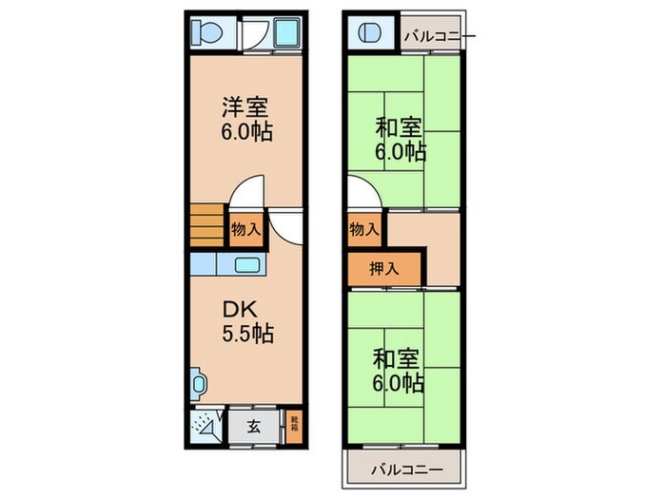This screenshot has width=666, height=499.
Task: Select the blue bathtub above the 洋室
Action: point(284,35)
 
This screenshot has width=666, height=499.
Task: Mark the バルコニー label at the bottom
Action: point(406,470)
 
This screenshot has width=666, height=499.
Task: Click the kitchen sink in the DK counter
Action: point(247,265)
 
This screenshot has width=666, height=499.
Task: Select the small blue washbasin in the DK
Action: point(197,384)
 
